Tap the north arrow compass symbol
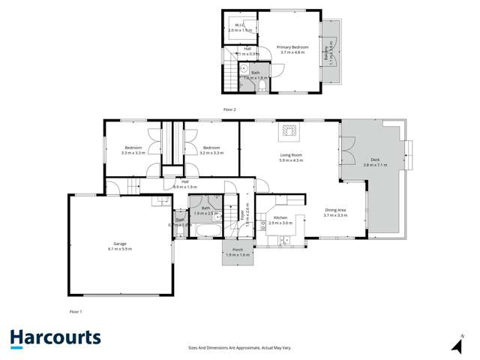(x=457, y=344)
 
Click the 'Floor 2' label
(x=229, y=109)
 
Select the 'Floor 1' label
(x=75, y=310)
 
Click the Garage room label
(x=120, y=246)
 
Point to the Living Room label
(x=291, y=157)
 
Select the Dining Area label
(x=335, y=212)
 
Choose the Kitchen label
(x=280, y=220)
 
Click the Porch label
(x=238, y=252)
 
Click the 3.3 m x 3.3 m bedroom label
(x=133, y=150)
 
